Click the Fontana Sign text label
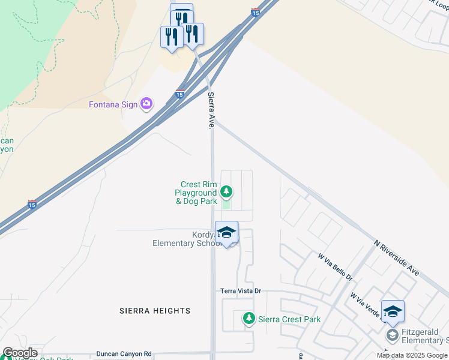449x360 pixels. tap(113, 104)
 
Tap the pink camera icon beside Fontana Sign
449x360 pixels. tap(146, 104)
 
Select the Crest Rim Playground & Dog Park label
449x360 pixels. tap(196, 193)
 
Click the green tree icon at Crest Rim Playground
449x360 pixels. tap(226, 192)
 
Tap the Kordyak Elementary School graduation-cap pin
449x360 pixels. tap(226, 233)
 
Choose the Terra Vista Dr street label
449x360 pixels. tap(241, 291)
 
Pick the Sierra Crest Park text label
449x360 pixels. tap(289, 320)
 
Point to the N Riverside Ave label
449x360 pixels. tap(396, 257)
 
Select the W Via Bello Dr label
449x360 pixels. tap(335, 267)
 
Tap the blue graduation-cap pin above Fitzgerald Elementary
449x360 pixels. tap(393, 311)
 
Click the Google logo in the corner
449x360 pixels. tap(20, 353)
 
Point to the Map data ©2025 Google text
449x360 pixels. tap(412, 355)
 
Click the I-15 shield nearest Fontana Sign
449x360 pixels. tap(179, 94)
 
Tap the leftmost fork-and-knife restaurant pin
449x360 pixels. tap(172, 37)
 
